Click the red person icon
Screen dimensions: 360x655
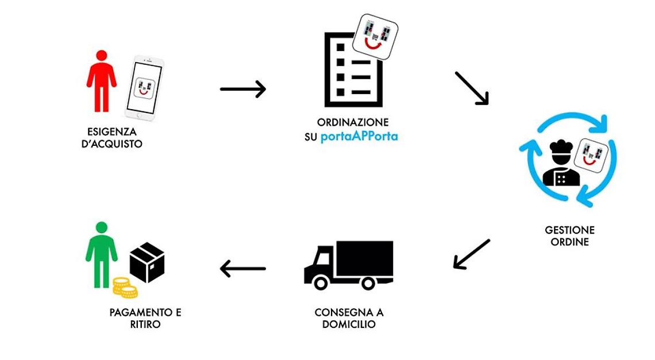point(101,80)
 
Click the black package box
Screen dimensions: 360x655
point(147,262)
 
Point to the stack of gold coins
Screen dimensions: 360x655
point(124,288)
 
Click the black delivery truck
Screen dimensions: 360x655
point(349,264)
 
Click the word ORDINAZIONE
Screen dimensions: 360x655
point(353,123)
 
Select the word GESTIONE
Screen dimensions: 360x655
point(569,230)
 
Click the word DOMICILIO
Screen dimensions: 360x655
point(349,324)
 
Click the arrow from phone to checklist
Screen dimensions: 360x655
point(243,89)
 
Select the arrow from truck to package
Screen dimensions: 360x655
point(243,268)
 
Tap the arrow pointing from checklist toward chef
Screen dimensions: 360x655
point(472,88)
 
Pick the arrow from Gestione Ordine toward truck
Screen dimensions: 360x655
point(472,254)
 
